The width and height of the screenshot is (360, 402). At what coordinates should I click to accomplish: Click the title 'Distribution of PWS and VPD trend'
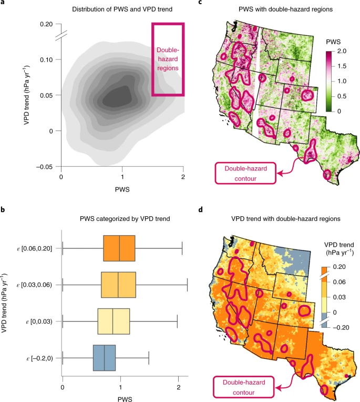[122, 9]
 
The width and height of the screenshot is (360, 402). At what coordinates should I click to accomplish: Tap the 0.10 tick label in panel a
[46, 60]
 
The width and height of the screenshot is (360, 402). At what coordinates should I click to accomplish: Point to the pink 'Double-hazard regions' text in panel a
[168, 59]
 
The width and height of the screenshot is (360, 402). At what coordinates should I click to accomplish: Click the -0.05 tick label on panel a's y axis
[45, 167]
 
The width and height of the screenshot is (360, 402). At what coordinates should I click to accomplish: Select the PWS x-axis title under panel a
[122, 189]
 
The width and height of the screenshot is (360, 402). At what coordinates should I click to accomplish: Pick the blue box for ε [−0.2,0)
[104, 358]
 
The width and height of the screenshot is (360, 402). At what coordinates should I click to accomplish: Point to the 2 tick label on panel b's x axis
[179, 387]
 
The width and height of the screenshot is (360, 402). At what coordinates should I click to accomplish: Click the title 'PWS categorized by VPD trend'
[125, 219]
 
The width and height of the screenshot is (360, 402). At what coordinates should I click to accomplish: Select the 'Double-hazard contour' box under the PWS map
[245, 173]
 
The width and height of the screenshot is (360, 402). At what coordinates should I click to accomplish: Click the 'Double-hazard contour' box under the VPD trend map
[243, 387]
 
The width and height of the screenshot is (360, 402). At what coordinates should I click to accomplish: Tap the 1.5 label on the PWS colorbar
[342, 66]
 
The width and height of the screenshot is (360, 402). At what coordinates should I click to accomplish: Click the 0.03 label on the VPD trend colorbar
[339, 297]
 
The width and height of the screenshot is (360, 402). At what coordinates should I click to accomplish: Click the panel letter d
[200, 209]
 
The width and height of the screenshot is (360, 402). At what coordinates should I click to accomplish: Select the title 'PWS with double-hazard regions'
[285, 9]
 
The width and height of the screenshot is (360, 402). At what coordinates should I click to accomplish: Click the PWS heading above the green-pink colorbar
[333, 42]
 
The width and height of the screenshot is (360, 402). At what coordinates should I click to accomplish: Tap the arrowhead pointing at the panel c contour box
[280, 174]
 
